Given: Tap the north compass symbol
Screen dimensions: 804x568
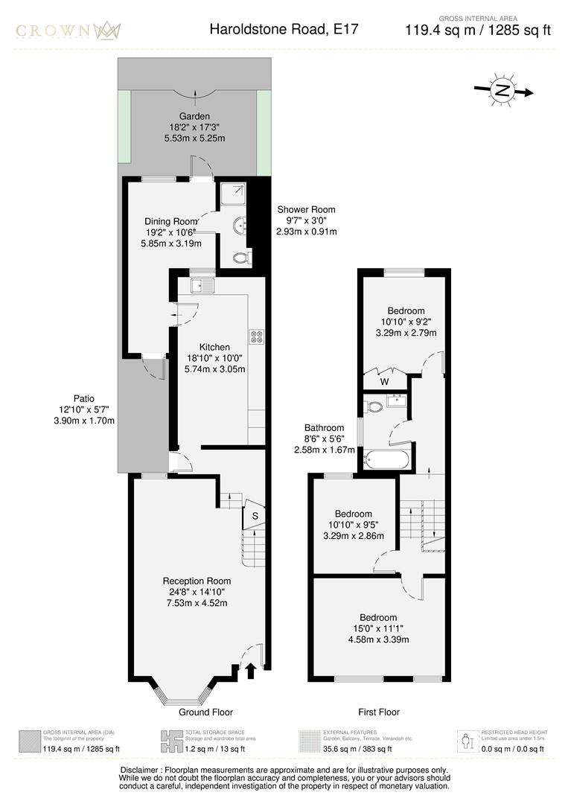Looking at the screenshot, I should point(503,91).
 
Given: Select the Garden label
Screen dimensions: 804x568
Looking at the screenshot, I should point(194,116).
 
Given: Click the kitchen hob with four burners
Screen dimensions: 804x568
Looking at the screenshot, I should point(258,336).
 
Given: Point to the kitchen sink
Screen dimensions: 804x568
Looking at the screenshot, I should point(202,285).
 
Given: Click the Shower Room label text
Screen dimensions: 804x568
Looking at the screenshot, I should point(306,209).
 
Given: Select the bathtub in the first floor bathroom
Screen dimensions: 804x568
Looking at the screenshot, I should point(387,459).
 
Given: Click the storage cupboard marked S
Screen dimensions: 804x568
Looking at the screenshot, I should point(255,515).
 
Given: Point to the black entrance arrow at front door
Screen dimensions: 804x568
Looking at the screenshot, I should point(250,671).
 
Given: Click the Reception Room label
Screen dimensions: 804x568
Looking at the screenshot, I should point(197,581).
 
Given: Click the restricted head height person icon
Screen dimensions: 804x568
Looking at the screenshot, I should point(468,741).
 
